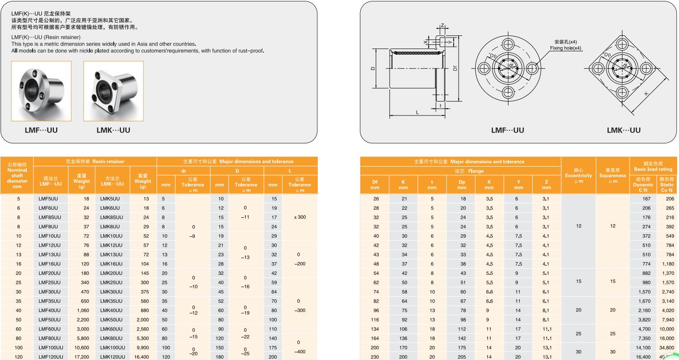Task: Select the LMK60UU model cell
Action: (x=111, y=329)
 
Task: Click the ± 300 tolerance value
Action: (x=300, y=217)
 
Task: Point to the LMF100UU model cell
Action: (x=51, y=348)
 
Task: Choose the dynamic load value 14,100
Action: (x=643, y=348)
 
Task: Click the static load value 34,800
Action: (x=666, y=348)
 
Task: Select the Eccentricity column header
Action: (x=578, y=176)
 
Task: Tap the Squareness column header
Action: (x=612, y=176)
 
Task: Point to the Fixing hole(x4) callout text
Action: (x=565, y=48)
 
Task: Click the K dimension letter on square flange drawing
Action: (x=646, y=94)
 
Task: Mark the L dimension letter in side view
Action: (x=417, y=112)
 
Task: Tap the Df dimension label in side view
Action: (x=455, y=68)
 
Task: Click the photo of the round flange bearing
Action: (x=41, y=91)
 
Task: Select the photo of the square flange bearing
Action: (x=113, y=91)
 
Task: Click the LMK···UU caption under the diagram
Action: (x=623, y=130)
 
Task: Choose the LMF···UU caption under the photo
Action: (x=41, y=130)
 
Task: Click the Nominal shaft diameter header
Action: (x=17, y=175)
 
